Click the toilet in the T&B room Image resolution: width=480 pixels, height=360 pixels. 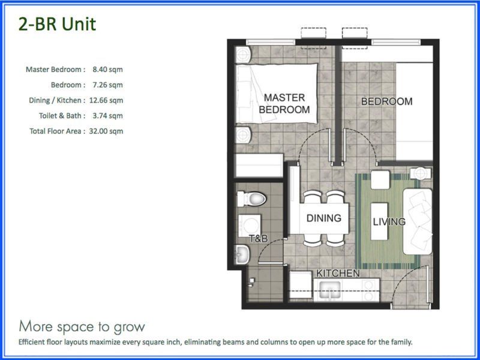(x=252, y=199)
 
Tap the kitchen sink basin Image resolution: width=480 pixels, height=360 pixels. (x=330, y=290)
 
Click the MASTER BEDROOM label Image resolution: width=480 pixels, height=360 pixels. (x=284, y=103)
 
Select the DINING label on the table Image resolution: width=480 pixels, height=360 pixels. (x=324, y=218)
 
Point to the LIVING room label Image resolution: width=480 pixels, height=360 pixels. (x=389, y=221)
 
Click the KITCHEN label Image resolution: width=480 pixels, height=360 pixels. (x=338, y=273)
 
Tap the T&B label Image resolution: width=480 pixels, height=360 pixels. (x=259, y=238)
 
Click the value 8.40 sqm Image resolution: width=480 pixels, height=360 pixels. (x=108, y=70)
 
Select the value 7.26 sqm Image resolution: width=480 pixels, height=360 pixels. (x=108, y=85)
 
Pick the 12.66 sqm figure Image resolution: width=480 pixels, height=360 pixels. (x=106, y=100)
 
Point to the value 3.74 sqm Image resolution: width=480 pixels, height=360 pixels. (x=108, y=116)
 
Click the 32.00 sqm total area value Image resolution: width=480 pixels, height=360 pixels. (x=106, y=131)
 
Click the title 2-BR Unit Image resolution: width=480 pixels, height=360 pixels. (x=57, y=24)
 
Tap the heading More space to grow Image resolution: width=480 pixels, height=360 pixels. (x=82, y=326)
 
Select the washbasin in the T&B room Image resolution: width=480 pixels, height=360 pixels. (x=242, y=254)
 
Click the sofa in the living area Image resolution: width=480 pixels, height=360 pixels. (x=418, y=221)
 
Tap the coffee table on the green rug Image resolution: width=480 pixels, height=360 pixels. (x=379, y=221)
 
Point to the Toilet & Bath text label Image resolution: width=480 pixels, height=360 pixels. (x=59, y=116)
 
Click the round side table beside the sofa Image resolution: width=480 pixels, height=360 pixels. (x=421, y=173)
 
